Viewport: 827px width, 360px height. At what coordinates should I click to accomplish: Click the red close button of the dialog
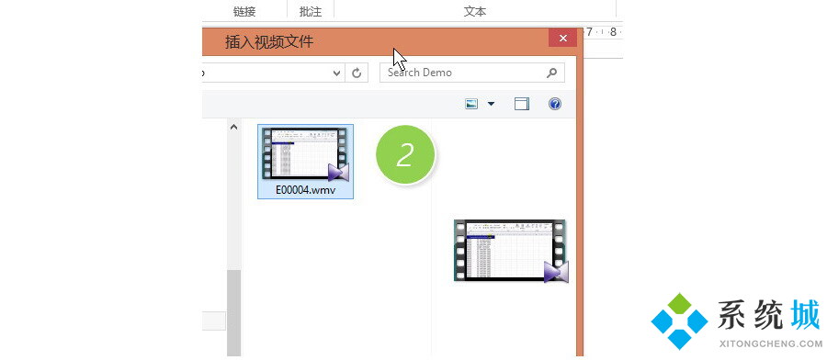(x=562, y=38)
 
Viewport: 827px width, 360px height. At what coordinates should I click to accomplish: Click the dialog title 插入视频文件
(x=269, y=41)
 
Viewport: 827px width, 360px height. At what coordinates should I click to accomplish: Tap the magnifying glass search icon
(x=551, y=73)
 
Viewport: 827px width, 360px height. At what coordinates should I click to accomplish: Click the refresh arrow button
(x=357, y=73)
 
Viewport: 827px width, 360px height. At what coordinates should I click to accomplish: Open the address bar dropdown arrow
(x=337, y=73)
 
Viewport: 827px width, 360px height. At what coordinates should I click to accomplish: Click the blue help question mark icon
(x=554, y=104)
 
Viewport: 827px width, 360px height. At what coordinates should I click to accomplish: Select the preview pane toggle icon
(x=522, y=104)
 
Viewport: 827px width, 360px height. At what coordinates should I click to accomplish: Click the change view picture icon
(x=471, y=104)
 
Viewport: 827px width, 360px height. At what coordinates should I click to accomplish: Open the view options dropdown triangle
(x=491, y=104)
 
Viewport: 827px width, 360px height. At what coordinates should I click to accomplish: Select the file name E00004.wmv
(x=305, y=190)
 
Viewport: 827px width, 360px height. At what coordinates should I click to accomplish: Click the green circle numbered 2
(x=405, y=154)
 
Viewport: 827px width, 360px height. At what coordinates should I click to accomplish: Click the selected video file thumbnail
(x=305, y=154)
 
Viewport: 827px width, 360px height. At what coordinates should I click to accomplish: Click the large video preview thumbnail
(x=511, y=251)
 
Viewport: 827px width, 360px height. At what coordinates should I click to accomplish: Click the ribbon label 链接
(x=244, y=12)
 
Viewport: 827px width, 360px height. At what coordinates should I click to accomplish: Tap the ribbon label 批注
(x=311, y=12)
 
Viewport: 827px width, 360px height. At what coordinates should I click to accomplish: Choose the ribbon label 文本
(x=475, y=12)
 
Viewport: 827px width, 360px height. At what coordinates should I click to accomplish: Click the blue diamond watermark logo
(x=679, y=321)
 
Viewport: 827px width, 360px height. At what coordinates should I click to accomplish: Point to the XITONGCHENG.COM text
(x=770, y=343)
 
